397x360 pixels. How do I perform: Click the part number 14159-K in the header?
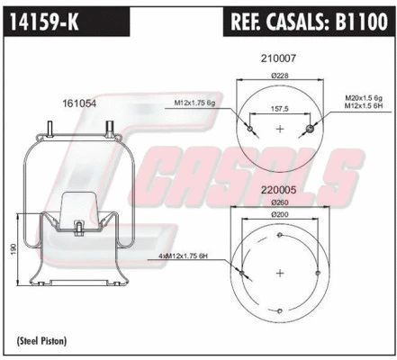coord(42,21)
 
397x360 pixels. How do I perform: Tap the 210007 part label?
coord(278,58)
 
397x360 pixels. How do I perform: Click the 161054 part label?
coord(79,104)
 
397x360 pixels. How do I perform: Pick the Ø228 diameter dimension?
coord(278,76)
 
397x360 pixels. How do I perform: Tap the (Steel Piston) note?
coord(42,340)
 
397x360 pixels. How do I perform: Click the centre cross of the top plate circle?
coord(278,130)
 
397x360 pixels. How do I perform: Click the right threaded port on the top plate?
coord(311,130)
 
